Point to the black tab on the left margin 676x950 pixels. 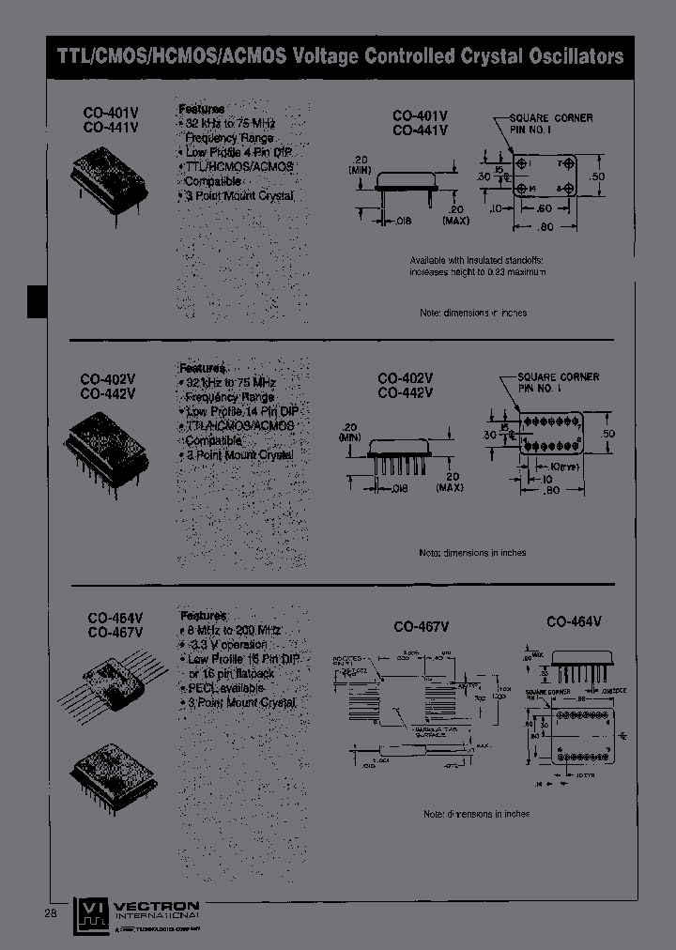36,302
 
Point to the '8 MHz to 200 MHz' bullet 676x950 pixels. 230,631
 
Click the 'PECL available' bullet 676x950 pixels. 222,687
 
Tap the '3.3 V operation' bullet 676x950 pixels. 225,645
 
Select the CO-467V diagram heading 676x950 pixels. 422,626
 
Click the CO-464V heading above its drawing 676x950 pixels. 574,621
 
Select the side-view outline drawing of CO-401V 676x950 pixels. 405,182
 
